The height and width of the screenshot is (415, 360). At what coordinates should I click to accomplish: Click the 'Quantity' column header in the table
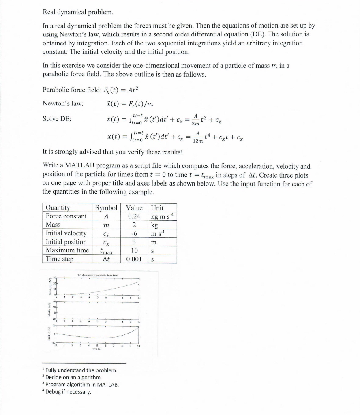pyautogui.click(x=58, y=208)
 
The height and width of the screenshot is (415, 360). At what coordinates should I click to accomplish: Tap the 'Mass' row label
pyautogui.click(x=53, y=225)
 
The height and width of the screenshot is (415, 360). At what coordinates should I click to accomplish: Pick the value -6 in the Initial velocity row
pyautogui.click(x=134, y=233)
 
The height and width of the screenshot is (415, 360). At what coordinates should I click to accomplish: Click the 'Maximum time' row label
pyautogui.click(x=67, y=250)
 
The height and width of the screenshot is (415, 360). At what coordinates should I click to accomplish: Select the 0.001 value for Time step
pyautogui.click(x=134, y=259)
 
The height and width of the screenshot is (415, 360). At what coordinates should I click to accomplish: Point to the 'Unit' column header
pyautogui.click(x=157, y=208)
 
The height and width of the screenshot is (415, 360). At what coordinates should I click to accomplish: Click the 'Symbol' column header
pyautogui.click(x=106, y=208)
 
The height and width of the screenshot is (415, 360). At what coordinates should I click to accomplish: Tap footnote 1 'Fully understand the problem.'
pyautogui.click(x=81, y=370)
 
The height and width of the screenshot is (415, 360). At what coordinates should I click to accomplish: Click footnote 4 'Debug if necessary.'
pyautogui.click(x=69, y=391)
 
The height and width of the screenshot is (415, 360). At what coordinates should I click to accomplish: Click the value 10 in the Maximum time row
pyautogui.click(x=134, y=250)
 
